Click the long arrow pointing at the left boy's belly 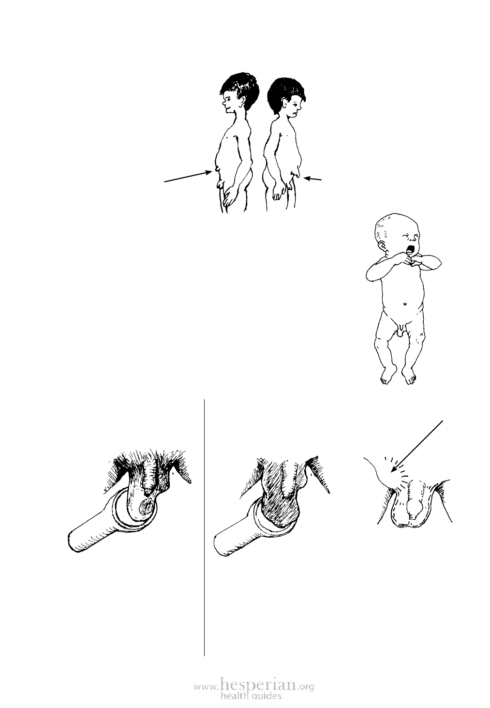click(188, 177)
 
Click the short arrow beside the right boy click(313, 179)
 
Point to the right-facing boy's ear click(288, 104)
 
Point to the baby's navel click(405, 304)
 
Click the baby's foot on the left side click(388, 374)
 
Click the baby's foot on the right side click(409, 376)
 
